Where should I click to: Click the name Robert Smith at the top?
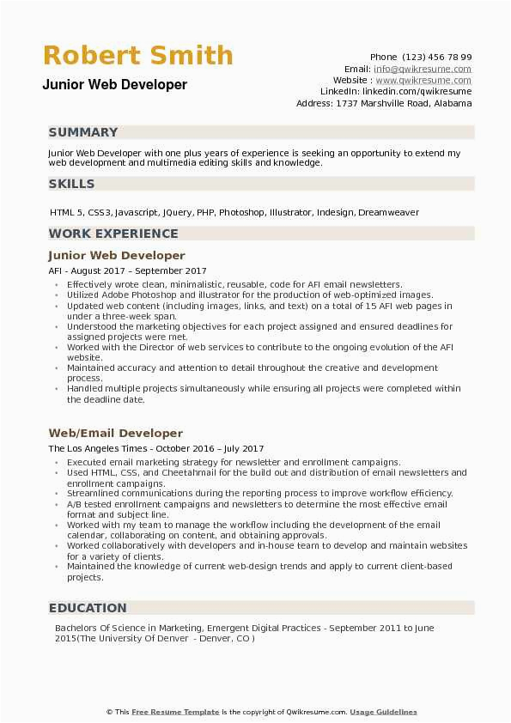[138, 56]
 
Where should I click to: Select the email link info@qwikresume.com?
[423, 69]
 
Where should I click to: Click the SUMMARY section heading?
[83, 132]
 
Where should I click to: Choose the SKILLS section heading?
[72, 184]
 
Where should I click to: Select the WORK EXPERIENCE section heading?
[113, 234]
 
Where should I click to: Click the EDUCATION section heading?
[88, 608]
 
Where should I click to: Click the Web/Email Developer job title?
[115, 434]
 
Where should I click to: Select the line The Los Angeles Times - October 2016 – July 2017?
[155, 448]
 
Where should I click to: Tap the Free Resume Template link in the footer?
[175, 712]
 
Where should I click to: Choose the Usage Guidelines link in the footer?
[383, 712]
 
